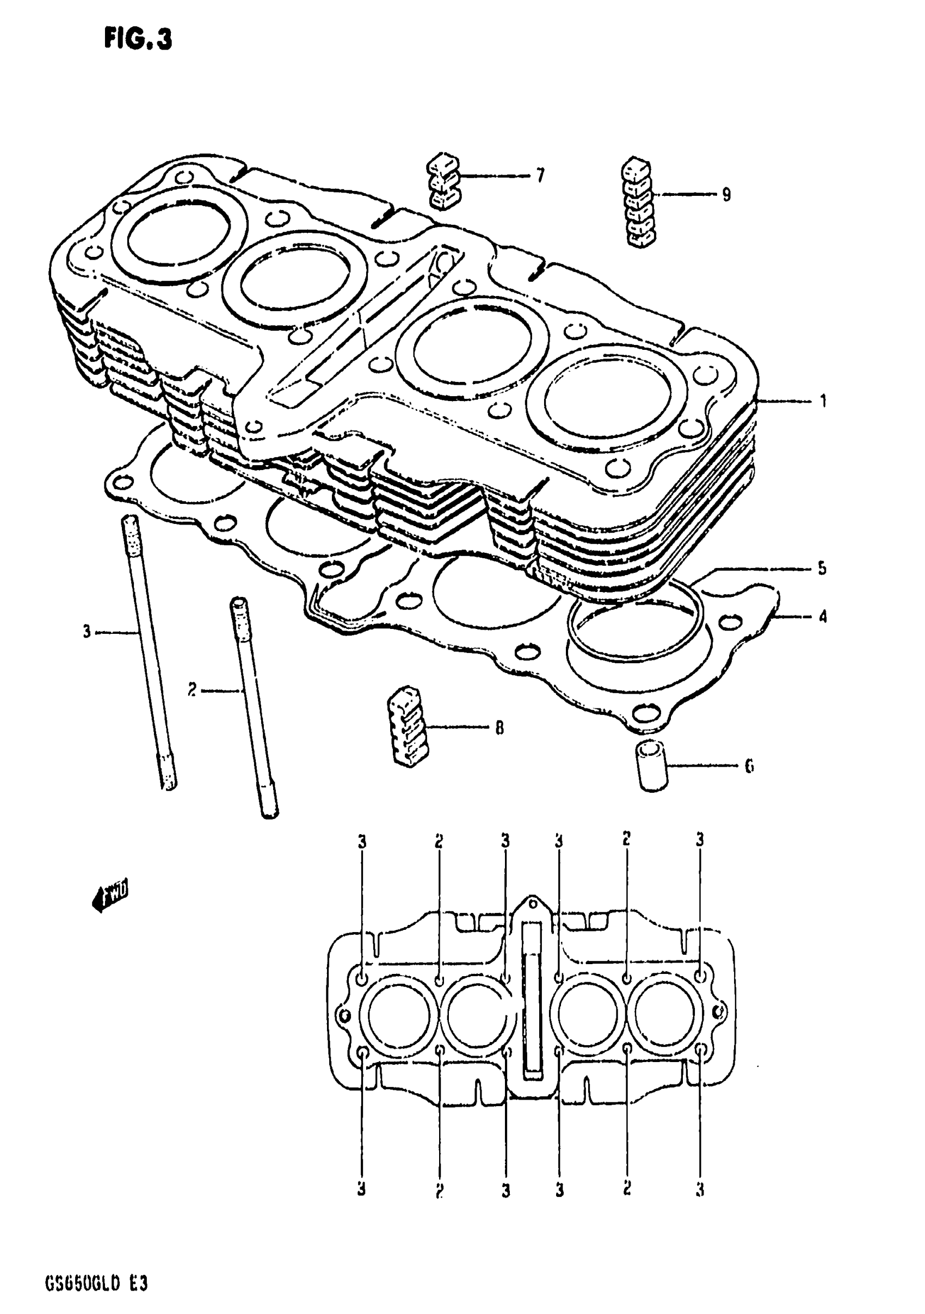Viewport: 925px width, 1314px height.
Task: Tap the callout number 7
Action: click(540, 175)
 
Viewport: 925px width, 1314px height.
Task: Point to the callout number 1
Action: click(823, 401)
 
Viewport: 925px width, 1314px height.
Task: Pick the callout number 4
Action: click(822, 616)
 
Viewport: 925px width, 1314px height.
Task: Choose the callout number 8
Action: click(499, 728)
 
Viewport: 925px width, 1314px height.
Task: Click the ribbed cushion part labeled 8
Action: click(408, 726)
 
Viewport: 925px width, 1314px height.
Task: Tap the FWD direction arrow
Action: click(110, 896)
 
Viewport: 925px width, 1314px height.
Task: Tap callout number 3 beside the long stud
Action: click(87, 632)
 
